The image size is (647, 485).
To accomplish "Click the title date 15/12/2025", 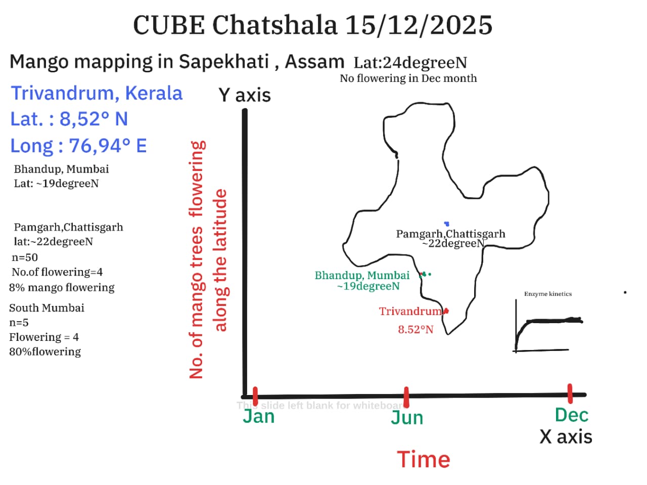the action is coord(418,25).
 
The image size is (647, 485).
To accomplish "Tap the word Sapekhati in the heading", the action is coord(224,62).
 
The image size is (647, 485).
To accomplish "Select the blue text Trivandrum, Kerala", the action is coord(97,93).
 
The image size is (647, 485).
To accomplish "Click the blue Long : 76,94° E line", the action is coord(78,146).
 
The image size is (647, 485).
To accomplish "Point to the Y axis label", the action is coord(244,95).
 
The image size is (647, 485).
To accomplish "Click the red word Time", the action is coord(423,460).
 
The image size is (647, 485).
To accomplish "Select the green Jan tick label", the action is coord(258,417).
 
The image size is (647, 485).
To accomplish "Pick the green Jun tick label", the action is coord(407,418).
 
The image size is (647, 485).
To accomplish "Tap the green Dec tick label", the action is coord(571,415).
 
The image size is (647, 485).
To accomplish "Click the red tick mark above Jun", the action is coord(406,397).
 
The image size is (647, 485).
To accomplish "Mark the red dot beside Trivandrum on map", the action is coord(446,311).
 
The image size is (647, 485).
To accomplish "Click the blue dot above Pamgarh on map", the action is coord(447,224).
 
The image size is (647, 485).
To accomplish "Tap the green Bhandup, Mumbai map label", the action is coord(362,276).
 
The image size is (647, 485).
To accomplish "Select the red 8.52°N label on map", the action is coord(415,329).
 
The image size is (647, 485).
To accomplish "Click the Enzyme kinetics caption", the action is coord(547,294).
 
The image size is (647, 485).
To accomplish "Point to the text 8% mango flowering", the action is coord(62,287).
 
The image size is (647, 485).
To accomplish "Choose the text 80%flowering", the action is coord(45,351).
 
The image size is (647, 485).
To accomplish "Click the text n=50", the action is coord(25,257).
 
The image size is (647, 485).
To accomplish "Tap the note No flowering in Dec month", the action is coord(408,78).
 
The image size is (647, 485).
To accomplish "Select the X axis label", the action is coord(566,437).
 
